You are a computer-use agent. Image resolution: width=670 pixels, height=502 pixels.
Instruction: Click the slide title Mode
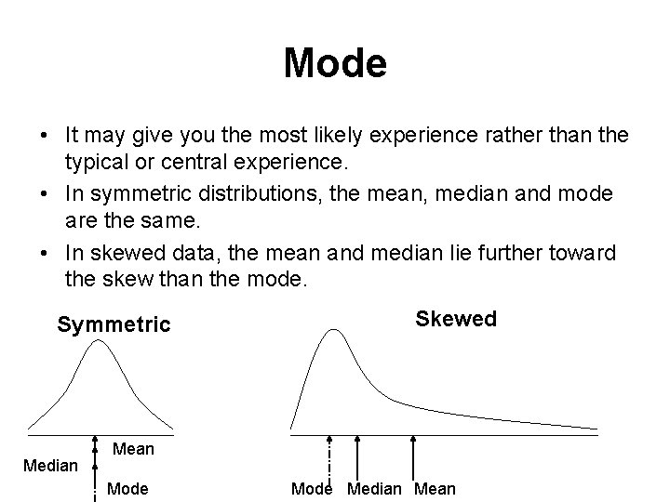pyautogui.click(x=334, y=64)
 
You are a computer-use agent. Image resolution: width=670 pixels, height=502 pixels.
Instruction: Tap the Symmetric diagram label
pyautogui.click(x=114, y=324)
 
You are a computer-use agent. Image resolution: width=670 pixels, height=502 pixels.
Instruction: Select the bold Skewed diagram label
pyautogui.click(x=456, y=320)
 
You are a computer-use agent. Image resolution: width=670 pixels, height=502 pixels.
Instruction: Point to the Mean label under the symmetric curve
pyautogui.click(x=133, y=450)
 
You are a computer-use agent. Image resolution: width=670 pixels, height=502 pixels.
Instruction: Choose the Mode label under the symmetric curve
pyautogui.click(x=128, y=488)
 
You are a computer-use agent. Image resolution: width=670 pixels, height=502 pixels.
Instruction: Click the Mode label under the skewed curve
pyautogui.click(x=312, y=488)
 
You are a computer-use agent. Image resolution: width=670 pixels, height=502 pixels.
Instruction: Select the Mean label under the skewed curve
pyautogui.click(x=435, y=488)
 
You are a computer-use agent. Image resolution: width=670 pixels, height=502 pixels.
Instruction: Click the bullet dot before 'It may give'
pyautogui.click(x=45, y=137)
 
